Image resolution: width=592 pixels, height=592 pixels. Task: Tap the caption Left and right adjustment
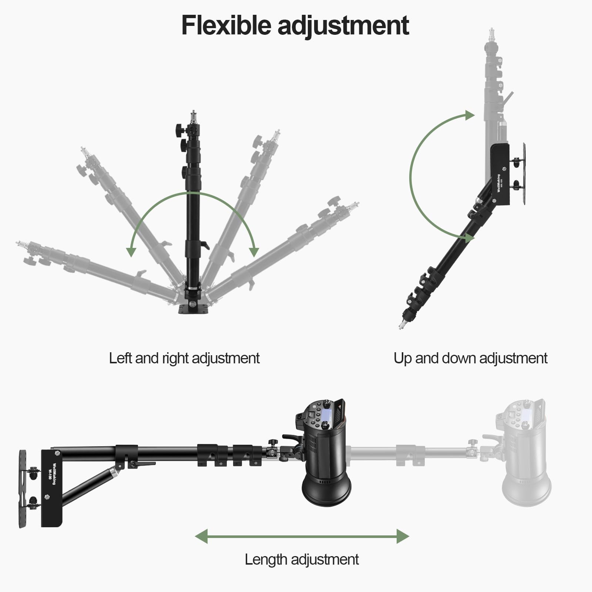coord(184,358)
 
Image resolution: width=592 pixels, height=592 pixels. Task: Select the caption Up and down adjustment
coord(470,358)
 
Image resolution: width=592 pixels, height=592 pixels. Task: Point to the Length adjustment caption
coord(302,559)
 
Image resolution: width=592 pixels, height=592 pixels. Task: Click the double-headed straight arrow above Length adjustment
coord(302,536)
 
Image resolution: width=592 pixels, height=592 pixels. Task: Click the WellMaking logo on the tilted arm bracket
coord(499,183)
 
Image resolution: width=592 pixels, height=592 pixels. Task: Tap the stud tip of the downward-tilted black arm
coord(402,325)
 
